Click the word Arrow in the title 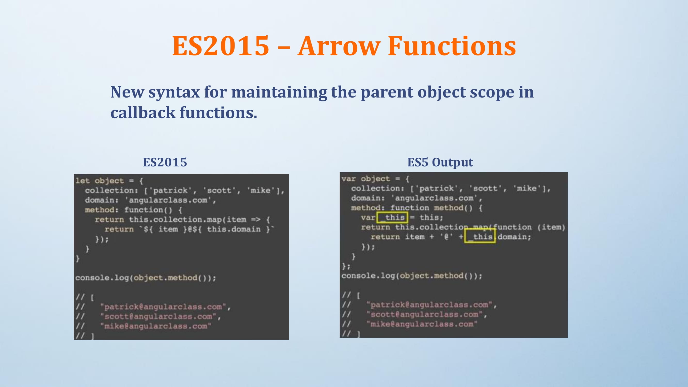coord(339,46)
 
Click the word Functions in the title coord(452,46)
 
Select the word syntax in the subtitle coord(174,92)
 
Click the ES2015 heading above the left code coord(165,162)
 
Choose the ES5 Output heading coord(440,162)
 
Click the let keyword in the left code coord(83,181)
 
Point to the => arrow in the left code coord(255,220)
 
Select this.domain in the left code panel coord(234,229)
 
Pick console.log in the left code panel coord(102,278)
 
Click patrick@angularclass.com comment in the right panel coord(429,305)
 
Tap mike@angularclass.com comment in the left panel coord(156,326)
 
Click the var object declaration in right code coord(366,179)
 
